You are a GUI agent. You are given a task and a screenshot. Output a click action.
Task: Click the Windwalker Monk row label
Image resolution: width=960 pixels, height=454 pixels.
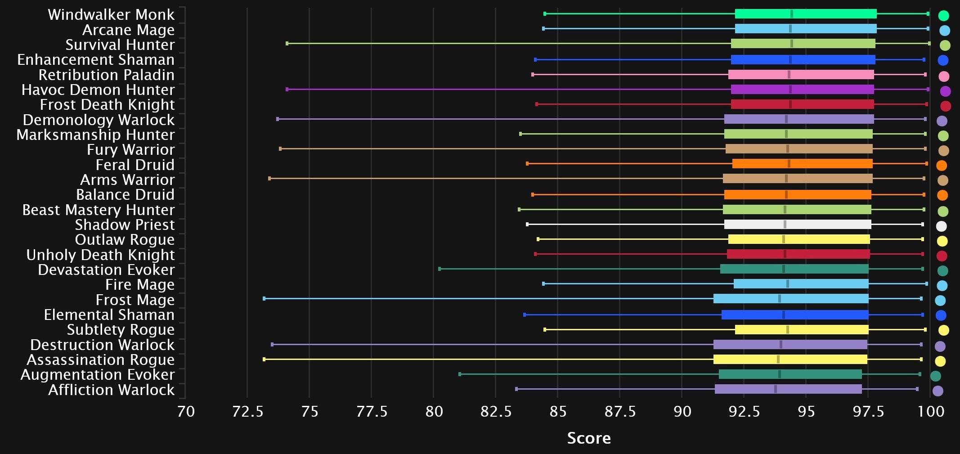coord(111,15)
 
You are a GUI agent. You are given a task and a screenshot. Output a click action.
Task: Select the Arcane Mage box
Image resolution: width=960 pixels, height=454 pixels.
coord(805,29)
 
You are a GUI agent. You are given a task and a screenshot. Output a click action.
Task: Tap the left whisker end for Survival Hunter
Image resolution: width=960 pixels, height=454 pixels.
coord(287,44)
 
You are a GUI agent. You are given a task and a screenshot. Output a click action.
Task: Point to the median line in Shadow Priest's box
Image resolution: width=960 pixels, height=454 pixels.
coord(785,225)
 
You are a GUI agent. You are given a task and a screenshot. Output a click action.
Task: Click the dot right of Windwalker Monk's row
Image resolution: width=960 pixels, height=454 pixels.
coord(944,15)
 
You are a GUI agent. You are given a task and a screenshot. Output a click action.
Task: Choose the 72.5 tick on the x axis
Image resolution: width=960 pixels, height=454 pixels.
coord(247,411)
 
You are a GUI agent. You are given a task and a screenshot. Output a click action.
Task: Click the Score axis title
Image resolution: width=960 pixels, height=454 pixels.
coord(589,438)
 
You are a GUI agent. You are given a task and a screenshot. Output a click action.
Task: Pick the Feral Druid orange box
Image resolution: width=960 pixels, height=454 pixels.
coord(802,164)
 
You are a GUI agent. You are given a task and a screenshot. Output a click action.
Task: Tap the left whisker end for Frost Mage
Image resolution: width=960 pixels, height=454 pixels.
coord(264,299)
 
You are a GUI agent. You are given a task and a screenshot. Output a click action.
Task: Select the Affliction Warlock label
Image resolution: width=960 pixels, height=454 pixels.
coord(111,390)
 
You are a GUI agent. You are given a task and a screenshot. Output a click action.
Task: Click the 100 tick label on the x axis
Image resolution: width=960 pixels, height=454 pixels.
coord(930,411)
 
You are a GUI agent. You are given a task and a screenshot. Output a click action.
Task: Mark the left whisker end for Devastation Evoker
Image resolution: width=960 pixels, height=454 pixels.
coord(440,269)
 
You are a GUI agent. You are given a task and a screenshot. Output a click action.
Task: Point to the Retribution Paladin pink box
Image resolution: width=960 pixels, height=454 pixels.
coord(801,75)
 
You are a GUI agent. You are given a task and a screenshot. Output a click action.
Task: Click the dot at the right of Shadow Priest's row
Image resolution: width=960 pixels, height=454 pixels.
coord(941,226)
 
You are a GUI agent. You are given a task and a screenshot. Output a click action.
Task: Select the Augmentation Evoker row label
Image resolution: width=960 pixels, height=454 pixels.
coord(97,374)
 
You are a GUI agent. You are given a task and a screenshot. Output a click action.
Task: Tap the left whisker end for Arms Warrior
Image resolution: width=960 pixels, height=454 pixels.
coord(269,179)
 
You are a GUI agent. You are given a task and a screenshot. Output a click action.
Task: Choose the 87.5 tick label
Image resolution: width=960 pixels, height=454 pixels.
coord(619,411)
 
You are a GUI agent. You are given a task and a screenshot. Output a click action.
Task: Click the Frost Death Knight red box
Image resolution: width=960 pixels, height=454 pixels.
coord(802,104)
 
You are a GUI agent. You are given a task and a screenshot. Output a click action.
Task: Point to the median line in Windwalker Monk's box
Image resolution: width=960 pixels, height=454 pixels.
coord(792,14)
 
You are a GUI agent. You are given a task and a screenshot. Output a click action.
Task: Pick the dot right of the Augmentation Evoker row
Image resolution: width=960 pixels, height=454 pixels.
coord(935,376)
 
